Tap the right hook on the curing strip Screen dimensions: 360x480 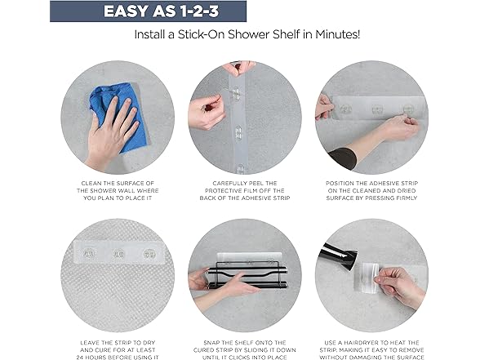click(149, 253)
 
